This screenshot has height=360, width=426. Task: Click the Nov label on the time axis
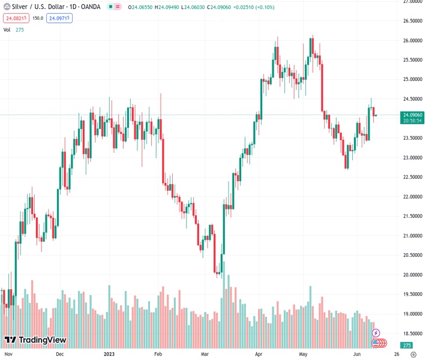8,355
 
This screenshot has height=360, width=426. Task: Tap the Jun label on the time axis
356,355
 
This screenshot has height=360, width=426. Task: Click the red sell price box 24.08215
16,19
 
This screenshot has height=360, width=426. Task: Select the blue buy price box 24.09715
60,19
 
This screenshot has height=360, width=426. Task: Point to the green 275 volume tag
407,346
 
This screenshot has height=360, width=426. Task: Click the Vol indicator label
7,30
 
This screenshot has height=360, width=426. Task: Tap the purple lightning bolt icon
376,333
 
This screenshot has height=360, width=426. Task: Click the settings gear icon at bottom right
413,355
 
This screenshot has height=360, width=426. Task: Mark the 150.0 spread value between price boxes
37,19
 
